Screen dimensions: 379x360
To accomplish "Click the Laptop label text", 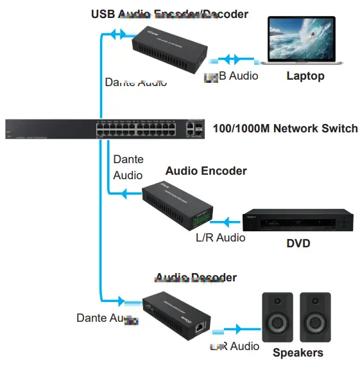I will click(x=305, y=76).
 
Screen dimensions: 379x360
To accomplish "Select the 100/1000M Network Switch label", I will click(x=285, y=128).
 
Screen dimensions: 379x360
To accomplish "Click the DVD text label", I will click(x=298, y=243).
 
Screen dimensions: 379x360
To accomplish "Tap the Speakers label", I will click(x=298, y=353).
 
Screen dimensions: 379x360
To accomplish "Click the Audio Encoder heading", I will click(x=205, y=171).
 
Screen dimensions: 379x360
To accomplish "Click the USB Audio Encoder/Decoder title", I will click(x=169, y=13).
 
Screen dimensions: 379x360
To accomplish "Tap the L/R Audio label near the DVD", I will click(x=220, y=238).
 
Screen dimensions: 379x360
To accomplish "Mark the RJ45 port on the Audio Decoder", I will click(x=201, y=326).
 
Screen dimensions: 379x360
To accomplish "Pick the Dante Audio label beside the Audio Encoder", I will click(x=128, y=167).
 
